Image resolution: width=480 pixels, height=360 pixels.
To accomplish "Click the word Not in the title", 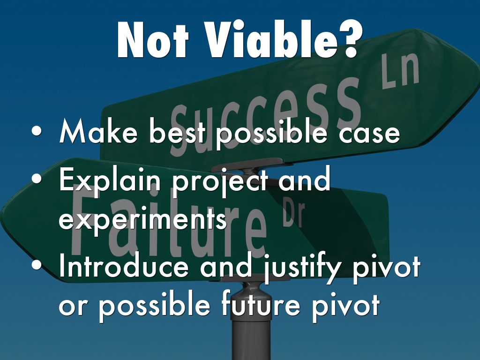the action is (153, 40).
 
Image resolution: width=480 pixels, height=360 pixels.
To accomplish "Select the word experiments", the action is (142, 220).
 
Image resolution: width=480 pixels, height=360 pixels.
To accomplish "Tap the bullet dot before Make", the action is (37, 131).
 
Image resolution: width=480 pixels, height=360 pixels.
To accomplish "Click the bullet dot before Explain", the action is (37, 179).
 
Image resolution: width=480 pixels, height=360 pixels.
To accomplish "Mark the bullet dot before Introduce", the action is (37, 264).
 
